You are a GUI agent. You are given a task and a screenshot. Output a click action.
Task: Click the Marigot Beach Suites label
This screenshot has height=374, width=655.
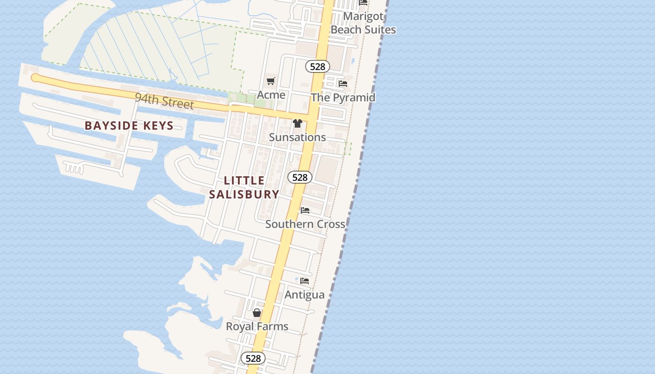[x=363, y=23]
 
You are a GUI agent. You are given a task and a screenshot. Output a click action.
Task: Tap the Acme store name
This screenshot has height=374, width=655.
[x=271, y=95]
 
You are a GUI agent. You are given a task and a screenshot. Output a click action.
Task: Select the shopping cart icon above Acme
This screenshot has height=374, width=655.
[x=270, y=81]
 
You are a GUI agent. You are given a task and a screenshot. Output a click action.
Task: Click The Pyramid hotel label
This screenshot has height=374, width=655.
[x=343, y=97]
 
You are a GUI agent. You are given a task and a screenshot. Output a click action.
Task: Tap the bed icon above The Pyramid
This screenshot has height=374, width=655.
[x=343, y=84]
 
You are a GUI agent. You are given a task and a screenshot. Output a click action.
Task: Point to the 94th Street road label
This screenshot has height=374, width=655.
[x=164, y=101]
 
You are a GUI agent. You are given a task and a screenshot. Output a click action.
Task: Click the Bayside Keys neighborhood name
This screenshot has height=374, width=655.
[x=129, y=126]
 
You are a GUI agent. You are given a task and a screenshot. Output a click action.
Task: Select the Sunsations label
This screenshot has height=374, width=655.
[x=297, y=137]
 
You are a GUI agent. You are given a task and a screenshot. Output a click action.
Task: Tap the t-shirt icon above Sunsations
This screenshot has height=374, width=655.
[x=297, y=123]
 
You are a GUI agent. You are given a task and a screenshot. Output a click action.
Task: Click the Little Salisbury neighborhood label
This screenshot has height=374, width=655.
[x=244, y=187]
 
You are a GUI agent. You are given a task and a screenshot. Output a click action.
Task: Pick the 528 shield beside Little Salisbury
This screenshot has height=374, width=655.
[x=299, y=177]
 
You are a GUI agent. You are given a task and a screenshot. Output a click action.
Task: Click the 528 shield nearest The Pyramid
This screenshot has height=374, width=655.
[x=317, y=66]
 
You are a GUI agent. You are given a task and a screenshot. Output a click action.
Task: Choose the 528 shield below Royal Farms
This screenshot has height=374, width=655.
[x=253, y=359]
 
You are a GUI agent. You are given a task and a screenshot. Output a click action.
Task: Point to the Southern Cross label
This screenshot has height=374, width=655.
[x=305, y=224]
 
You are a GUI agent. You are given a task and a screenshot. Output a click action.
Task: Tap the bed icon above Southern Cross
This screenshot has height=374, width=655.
[x=305, y=210]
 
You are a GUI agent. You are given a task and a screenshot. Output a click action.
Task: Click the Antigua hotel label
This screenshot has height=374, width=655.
[x=305, y=295]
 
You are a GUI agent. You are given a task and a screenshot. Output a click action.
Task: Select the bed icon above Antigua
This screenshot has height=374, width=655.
[x=305, y=281]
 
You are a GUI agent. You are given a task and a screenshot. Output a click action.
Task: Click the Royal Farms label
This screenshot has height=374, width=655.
[x=257, y=326]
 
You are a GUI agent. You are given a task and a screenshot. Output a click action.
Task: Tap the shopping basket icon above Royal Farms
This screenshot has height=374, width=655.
[x=257, y=313]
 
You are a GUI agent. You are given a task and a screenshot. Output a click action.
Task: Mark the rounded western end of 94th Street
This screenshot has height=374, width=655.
[x=35, y=78]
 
